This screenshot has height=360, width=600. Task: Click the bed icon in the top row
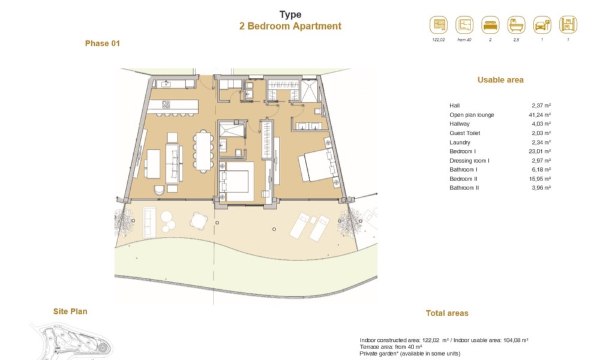coord(490,25)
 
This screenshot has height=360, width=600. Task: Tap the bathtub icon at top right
coord(516,25)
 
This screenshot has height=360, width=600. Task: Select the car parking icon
coord(542,25)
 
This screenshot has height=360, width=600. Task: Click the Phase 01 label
coord(103,44)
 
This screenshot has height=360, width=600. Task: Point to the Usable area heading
coord(500,80)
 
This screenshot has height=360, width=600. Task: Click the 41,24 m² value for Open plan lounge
coord(539,115)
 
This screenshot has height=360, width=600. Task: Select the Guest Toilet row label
coord(464,133)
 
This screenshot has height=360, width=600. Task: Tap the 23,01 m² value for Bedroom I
coord(539,151)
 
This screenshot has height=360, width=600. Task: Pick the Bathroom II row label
coord(464,188)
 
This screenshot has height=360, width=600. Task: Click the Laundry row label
coord(460,142)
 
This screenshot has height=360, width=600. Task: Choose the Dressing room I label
coord(469,161)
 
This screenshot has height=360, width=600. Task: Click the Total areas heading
coord(447,313)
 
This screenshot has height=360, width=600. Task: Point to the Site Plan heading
coord(70,311)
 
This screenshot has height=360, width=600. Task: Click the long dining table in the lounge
coord(203,151)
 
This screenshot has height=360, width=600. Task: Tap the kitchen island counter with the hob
coord(173,106)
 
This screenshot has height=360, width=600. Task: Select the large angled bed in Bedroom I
coord(317,165)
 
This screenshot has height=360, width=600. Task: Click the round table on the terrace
coord(199,221)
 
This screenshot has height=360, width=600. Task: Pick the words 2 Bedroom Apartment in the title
coord(290,26)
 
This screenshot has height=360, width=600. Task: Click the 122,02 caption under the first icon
coord(439,40)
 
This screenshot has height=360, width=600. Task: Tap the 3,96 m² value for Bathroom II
coord(541,188)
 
